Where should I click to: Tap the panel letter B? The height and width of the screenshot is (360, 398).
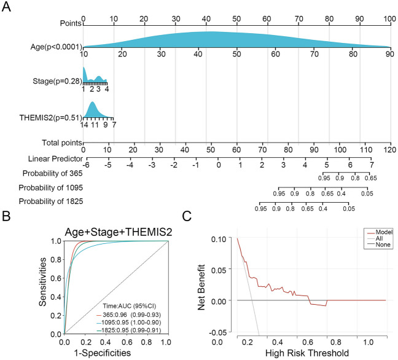[x=8, y=217]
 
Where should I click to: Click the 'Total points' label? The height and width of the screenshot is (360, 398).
[x=60, y=143]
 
